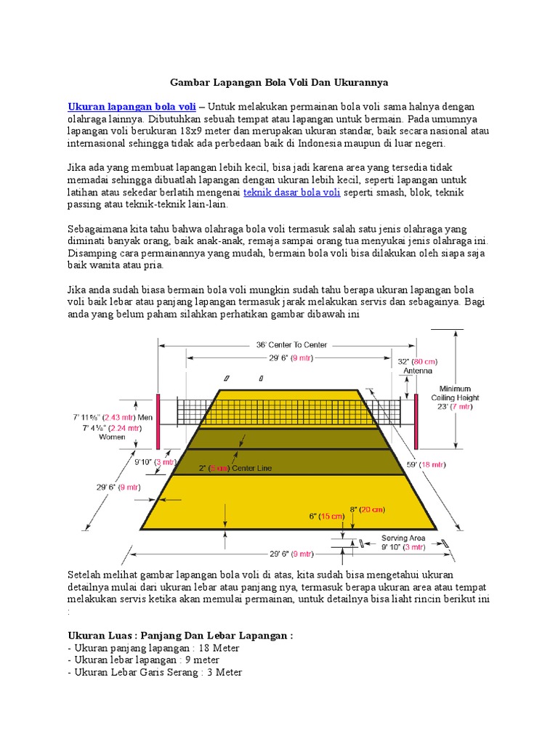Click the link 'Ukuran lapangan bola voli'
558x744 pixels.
coord(132,106)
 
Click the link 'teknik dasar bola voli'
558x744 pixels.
coord(291,193)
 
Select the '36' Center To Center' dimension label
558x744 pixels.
coord(291,344)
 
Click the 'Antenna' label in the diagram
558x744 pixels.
coord(417,371)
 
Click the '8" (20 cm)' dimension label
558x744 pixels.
coord(367,509)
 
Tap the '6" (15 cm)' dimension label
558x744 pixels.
coord(325,516)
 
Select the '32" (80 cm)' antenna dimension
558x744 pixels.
coord(417,361)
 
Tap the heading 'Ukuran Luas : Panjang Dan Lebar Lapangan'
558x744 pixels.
coord(179,636)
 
